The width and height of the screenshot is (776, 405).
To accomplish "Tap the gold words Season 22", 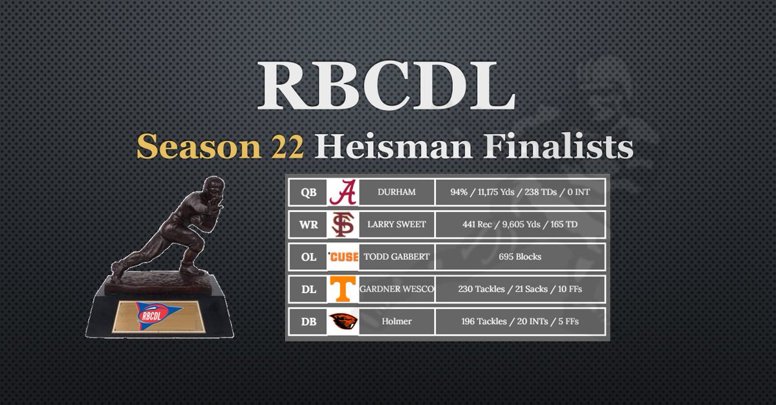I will coord(220,148).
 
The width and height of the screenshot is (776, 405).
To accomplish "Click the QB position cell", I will coord(308,192).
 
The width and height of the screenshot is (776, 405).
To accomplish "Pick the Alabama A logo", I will coord(343,192).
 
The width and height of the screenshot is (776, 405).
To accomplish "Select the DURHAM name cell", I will coord(396,192).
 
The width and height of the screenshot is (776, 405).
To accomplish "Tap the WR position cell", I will coord(308,224).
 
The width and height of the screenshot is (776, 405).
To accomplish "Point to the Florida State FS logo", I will coord(343,224).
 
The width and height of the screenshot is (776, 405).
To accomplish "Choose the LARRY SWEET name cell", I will coord(396,224).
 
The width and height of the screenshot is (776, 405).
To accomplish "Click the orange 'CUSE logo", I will coord(343,257).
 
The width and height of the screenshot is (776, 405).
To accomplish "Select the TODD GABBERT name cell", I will coord(396,257).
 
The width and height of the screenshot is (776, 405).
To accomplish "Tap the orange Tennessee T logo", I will coord(343,289).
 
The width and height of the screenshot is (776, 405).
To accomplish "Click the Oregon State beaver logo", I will coord(343,321).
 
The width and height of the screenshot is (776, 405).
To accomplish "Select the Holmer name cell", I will coord(396,321).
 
